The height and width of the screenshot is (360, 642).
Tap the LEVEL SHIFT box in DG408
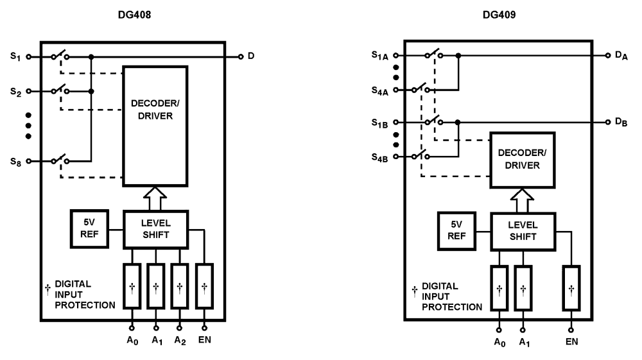155,229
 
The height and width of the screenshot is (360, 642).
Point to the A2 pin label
180,340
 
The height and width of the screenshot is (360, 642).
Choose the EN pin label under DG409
571,341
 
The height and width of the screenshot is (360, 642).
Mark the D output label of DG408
251,56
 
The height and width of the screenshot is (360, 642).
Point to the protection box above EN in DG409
571,287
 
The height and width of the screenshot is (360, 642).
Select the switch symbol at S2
60,91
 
